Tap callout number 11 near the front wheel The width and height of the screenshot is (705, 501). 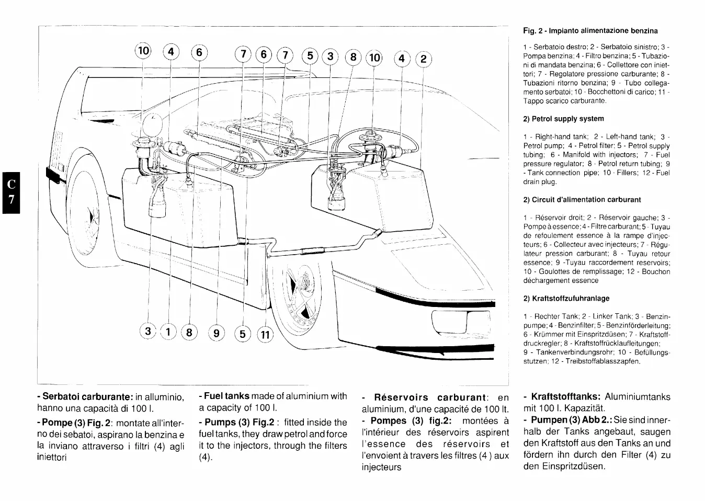tap(265, 334)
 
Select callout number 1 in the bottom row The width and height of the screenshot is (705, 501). tap(169, 332)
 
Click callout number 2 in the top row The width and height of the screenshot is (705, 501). tap(423, 59)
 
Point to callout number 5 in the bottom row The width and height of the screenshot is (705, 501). tap(243, 333)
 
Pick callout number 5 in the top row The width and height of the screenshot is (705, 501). tap(311, 55)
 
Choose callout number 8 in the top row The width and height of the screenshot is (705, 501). tap(354, 56)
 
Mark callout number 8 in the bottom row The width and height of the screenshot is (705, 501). tap(189, 332)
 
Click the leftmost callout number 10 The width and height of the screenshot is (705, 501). tap(143, 51)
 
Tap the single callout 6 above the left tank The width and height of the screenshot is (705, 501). tap(199, 52)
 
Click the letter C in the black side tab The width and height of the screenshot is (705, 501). tap(10, 184)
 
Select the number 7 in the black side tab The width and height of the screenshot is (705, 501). tap(10, 201)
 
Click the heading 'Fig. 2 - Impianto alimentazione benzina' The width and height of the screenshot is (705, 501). tap(590, 31)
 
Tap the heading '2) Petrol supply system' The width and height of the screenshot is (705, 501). tap(563, 119)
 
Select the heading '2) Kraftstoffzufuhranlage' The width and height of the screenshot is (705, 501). tap(566, 299)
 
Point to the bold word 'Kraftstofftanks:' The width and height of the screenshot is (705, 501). tap(565, 397)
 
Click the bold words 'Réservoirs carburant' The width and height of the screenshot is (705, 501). tap(430, 397)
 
